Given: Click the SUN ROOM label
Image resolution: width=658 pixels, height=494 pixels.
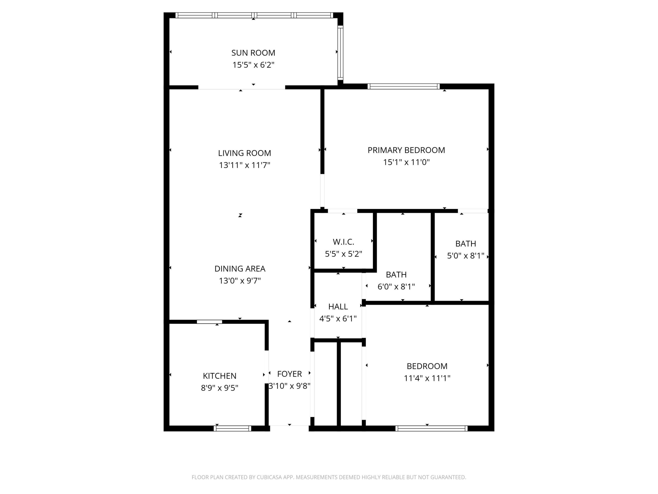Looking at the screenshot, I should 253,53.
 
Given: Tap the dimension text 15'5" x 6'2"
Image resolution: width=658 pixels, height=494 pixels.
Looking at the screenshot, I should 253,65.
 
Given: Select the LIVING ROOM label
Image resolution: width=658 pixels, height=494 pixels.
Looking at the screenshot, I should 244,153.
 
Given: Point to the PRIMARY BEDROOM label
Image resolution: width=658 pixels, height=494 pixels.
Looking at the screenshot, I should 406,150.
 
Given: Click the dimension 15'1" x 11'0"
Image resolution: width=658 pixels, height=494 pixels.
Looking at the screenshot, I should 406,162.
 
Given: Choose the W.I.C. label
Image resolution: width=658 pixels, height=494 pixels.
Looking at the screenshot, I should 343,242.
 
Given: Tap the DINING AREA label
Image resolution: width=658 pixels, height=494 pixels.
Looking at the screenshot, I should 240,268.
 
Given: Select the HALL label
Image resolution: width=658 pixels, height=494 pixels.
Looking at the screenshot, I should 338,306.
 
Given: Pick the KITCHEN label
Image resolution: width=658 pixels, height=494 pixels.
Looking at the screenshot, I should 220,376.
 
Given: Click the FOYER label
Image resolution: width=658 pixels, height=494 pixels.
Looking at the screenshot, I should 289,374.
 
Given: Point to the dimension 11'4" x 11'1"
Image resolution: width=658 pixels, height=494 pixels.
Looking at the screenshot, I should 427,378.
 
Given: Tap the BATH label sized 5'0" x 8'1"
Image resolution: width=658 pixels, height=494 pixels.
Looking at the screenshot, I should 466,244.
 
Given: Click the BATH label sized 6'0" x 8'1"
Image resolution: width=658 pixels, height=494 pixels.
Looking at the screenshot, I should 396,274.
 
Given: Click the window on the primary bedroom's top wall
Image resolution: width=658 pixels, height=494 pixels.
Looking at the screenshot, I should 403,87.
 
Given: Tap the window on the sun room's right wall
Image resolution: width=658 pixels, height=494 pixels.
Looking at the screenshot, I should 340,53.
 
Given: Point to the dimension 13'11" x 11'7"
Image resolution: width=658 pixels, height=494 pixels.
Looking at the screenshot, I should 244,165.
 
